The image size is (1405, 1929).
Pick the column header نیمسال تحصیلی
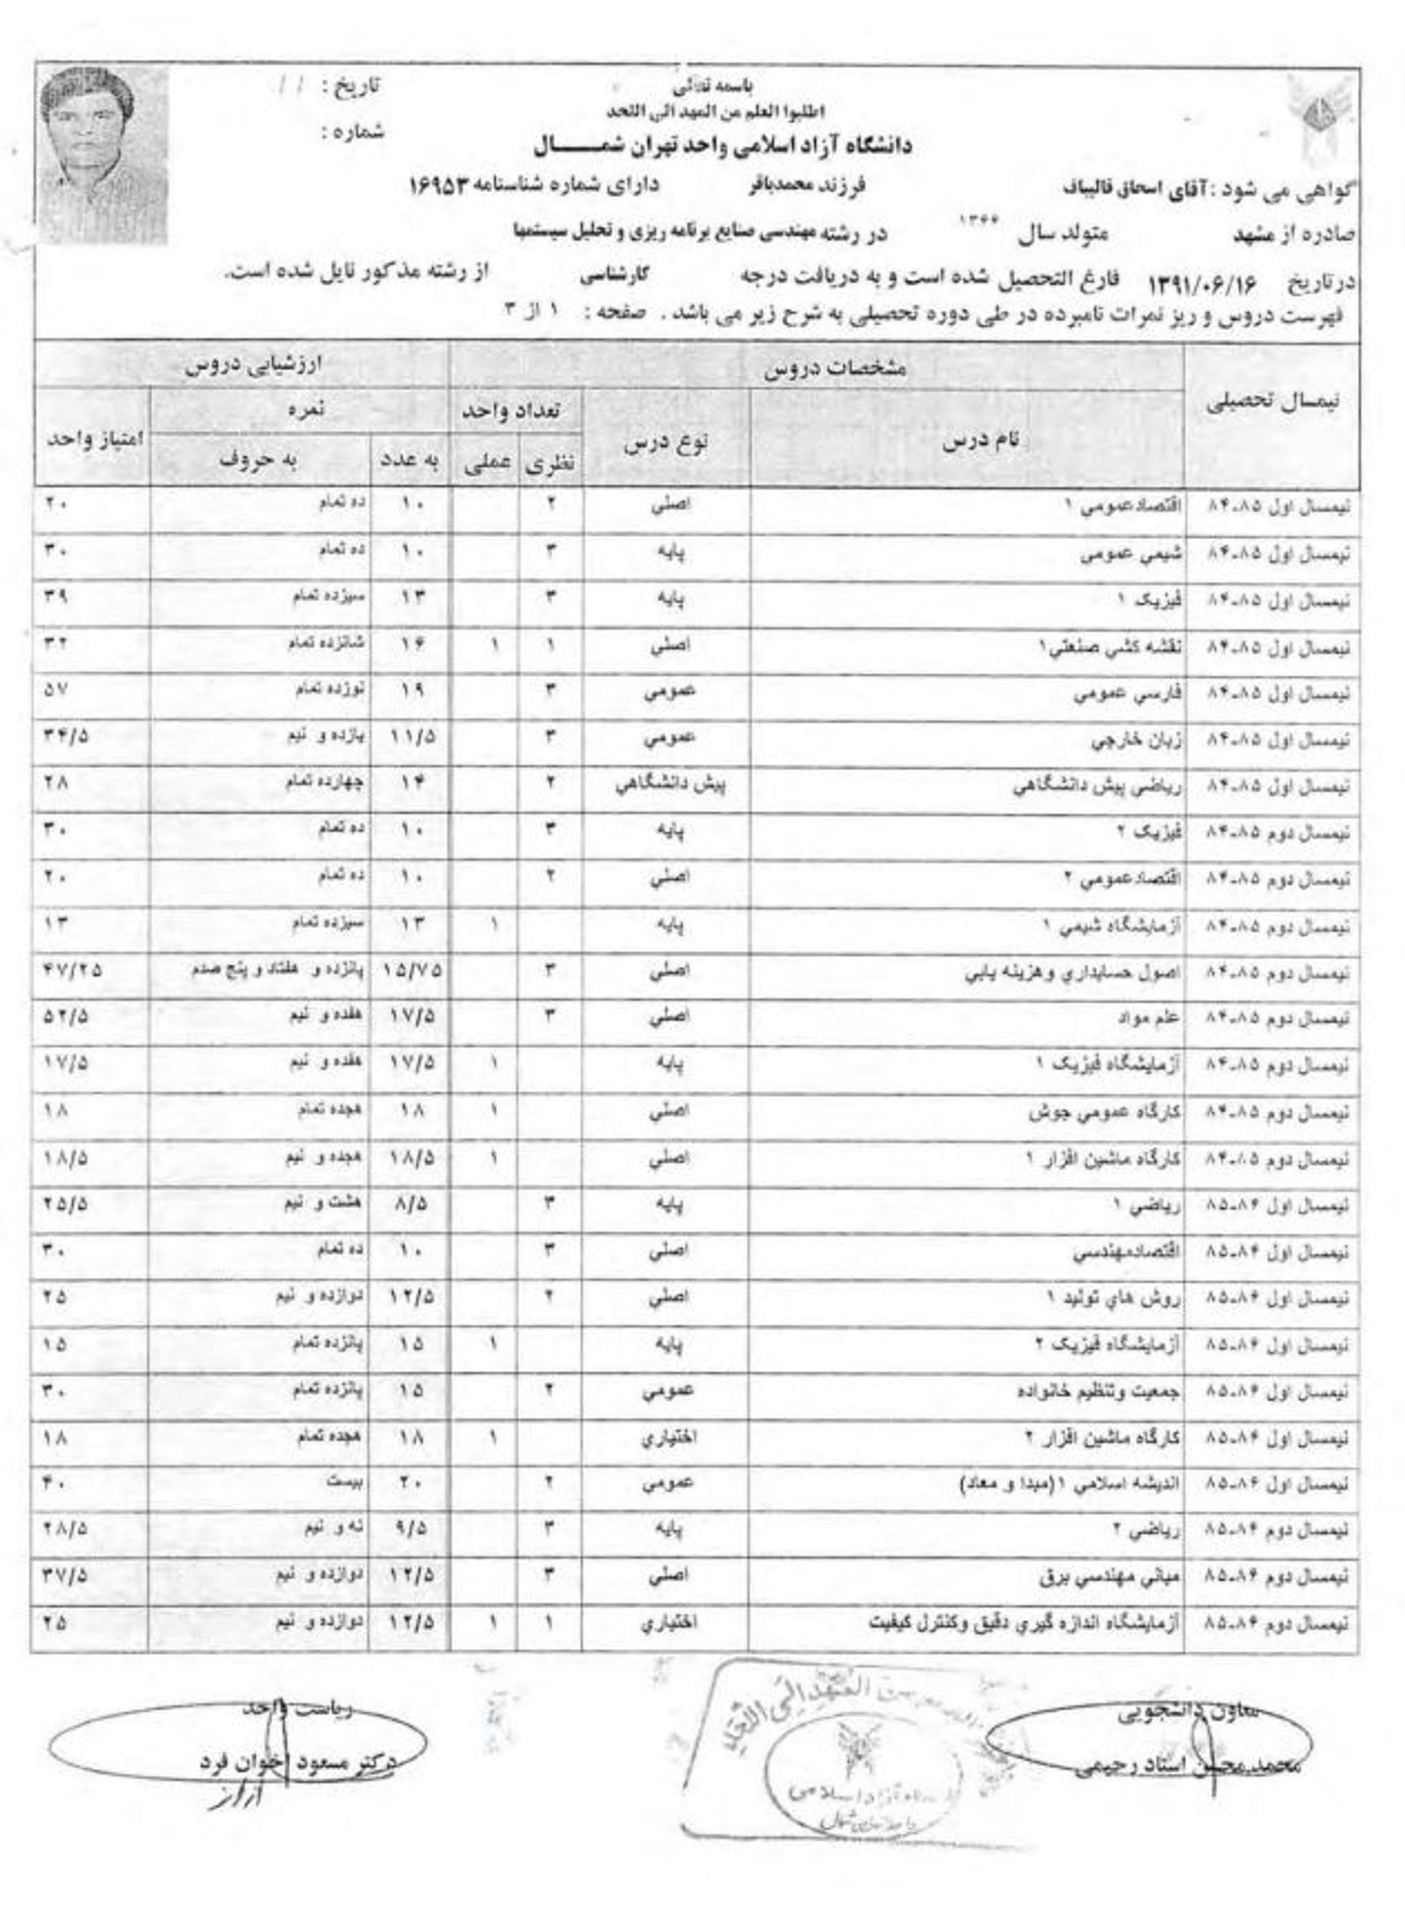(1271, 403)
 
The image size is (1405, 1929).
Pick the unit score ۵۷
(54, 691)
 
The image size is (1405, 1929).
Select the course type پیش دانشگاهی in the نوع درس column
(669, 784)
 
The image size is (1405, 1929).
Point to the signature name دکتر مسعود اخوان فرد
(299, 1761)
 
